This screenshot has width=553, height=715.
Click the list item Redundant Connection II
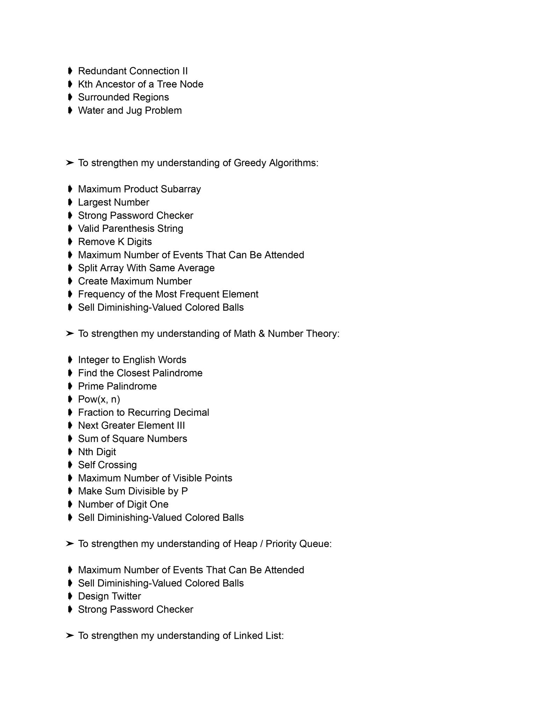pyautogui.click(x=133, y=71)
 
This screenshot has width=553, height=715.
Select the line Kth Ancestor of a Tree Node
pyautogui.click(x=140, y=84)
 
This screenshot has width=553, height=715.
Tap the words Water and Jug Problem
pyautogui.click(x=130, y=111)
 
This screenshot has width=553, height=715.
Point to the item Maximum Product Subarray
pyautogui.click(x=139, y=189)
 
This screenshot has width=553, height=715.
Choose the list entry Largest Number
pyautogui.click(x=114, y=202)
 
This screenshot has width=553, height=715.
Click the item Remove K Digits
pyautogui.click(x=115, y=242)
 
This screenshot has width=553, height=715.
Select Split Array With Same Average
pyautogui.click(x=146, y=268)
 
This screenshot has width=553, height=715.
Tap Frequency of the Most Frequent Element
pyautogui.click(x=168, y=294)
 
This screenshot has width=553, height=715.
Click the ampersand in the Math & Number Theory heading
pyautogui.click(x=262, y=334)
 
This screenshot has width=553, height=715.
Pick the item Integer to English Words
pyautogui.click(x=132, y=360)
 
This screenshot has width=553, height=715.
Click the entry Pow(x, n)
pyautogui.click(x=99, y=399)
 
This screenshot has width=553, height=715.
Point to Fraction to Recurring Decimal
pyautogui.click(x=143, y=413)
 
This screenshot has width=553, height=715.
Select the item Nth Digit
pyautogui.click(x=97, y=452)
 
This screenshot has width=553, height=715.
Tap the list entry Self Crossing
pyautogui.click(x=107, y=465)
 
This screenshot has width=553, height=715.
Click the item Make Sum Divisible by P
pyautogui.click(x=133, y=491)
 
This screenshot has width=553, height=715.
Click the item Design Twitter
pyautogui.click(x=109, y=596)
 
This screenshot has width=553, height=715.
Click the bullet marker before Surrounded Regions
pyautogui.click(x=70, y=97)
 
